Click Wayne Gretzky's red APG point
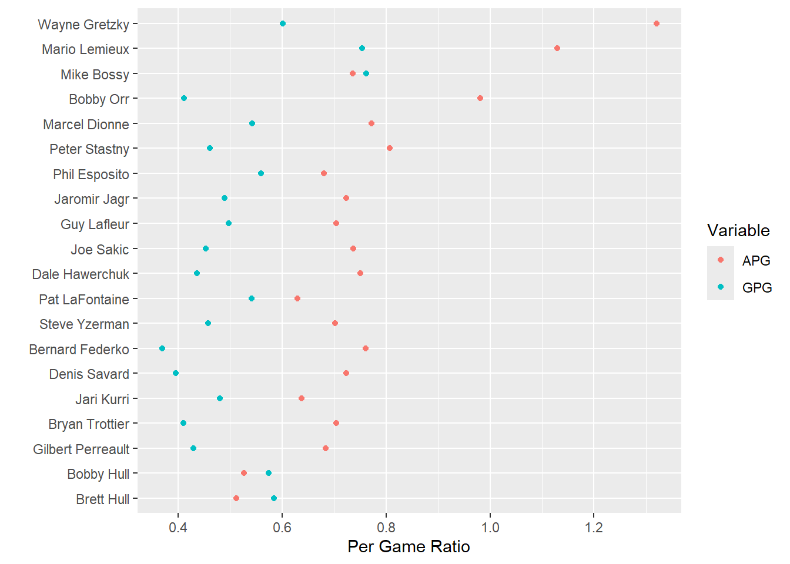pyautogui.click(x=656, y=23)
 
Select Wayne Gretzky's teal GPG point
pyautogui.click(x=283, y=23)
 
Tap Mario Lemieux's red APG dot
pyautogui.click(x=557, y=48)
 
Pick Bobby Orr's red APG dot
pyautogui.click(x=480, y=98)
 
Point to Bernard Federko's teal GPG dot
pyautogui.click(x=162, y=348)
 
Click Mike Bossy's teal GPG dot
pyautogui.click(x=366, y=73)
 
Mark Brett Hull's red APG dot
pyautogui.click(x=236, y=498)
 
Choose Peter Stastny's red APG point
pyautogui.click(x=390, y=148)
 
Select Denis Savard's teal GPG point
pyautogui.click(x=176, y=373)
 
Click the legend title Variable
pyautogui.click(x=738, y=230)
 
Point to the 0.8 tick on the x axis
pyautogui.click(x=386, y=527)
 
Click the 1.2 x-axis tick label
pyautogui.click(x=594, y=527)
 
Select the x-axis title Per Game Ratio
pyautogui.click(x=409, y=546)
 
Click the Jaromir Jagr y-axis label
pyautogui.click(x=92, y=199)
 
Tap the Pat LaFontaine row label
pyautogui.click(x=84, y=300)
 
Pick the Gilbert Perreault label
pyautogui.click(x=81, y=449)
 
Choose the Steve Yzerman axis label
pyautogui.click(x=84, y=324)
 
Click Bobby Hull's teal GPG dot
pyautogui.click(x=269, y=473)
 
